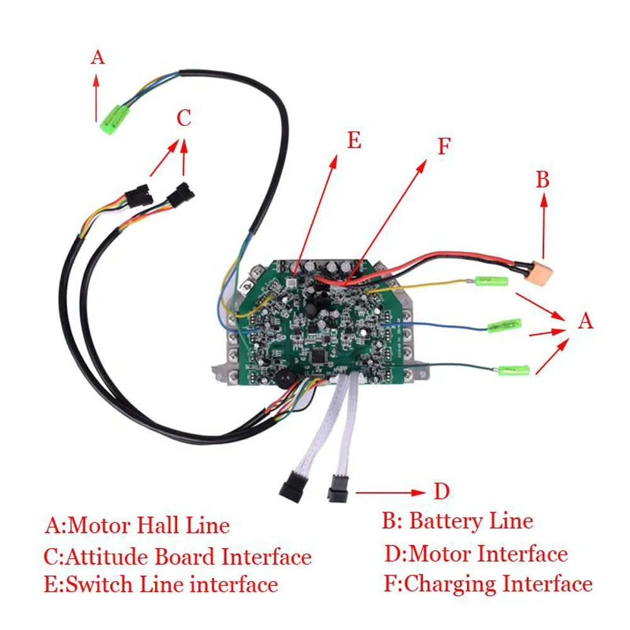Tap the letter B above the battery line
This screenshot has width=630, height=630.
[x=543, y=180]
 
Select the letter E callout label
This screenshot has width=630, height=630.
[x=354, y=140]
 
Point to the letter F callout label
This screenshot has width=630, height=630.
[x=444, y=146]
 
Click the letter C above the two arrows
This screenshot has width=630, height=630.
[x=183, y=118]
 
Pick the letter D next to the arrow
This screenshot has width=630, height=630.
[x=441, y=491]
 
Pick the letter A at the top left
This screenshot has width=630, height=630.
[x=97, y=58]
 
